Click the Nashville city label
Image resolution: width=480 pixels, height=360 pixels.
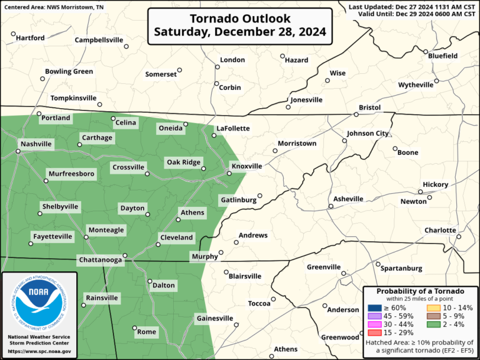[36, 144]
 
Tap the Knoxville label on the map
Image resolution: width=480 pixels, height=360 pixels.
[246, 167]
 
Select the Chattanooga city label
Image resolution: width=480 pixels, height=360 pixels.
[99, 259]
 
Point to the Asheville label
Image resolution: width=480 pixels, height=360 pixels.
[348, 199]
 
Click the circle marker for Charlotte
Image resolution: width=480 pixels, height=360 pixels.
[458, 237]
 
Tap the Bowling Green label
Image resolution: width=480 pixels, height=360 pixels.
[69, 72]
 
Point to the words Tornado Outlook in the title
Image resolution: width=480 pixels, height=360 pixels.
[241, 17]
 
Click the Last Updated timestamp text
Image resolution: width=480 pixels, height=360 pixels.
[412, 6]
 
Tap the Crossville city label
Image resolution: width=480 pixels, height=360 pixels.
[128, 167]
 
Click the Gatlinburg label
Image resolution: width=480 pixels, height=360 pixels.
[238, 200]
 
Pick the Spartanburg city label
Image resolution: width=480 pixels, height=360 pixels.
[401, 268]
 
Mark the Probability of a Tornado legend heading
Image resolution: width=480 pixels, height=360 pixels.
[420, 291]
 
